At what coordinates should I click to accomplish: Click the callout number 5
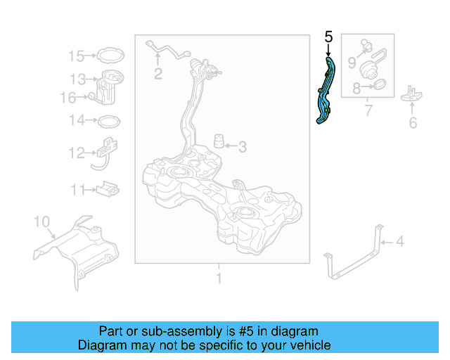(x=328, y=37)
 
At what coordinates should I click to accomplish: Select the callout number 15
(x=76, y=56)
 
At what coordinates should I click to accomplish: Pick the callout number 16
(x=67, y=98)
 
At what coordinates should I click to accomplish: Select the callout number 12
(x=76, y=153)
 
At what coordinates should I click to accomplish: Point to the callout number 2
(x=158, y=73)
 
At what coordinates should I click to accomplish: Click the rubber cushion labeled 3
(x=219, y=141)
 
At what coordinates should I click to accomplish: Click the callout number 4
(x=399, y=243)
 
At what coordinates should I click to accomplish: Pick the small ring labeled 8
(x=377, y=87)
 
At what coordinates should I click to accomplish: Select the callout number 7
(x=367, y=111)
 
